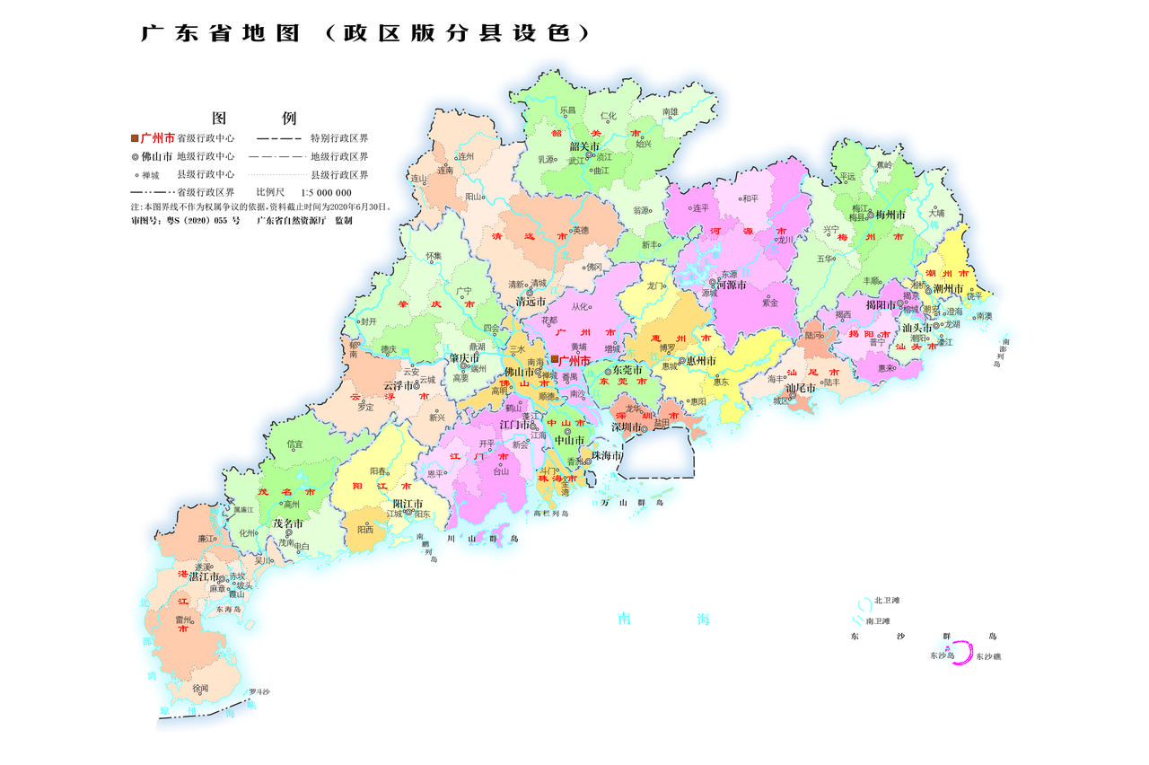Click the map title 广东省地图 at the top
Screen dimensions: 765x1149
(x=224, y=33)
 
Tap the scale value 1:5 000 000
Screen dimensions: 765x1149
(x=326, y=192)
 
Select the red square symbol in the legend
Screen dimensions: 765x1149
(x=135, y=138)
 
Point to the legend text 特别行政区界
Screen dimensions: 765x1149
(x=339, y=139)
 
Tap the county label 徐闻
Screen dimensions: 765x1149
(x=200, y=689)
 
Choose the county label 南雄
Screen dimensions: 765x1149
(x=670, y=112)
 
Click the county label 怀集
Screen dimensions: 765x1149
(x=434, y=256)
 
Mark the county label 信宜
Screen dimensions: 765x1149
(x=294, y=444)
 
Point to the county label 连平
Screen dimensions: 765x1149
(x=700, y=207)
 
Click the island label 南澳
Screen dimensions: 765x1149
(x=984, y=316)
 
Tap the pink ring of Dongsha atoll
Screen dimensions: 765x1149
(x=963, y=653)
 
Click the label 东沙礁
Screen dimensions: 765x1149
(x=988, y=657)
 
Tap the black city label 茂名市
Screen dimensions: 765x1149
(x=288, y=523)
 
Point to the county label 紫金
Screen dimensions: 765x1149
(x=769, y=303)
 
